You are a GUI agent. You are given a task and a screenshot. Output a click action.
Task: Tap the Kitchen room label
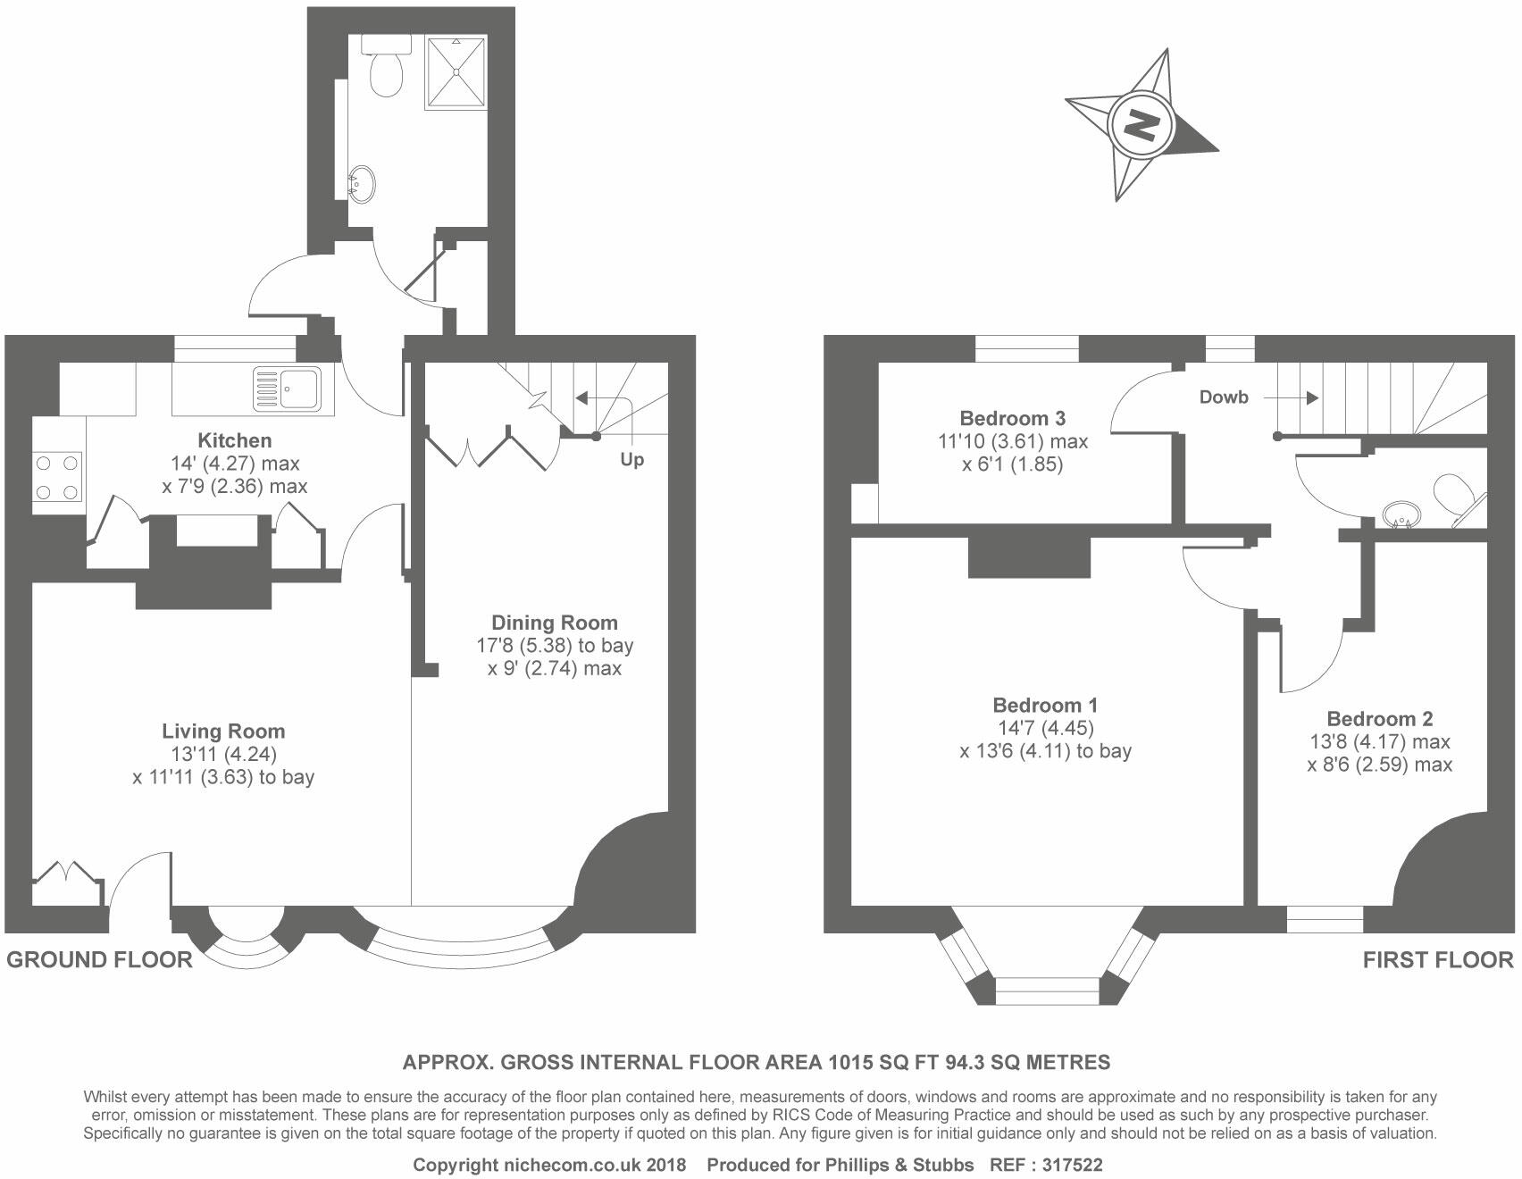234,440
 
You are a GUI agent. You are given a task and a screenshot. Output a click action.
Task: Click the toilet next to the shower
388,68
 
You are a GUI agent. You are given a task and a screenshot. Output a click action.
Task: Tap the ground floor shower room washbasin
363,182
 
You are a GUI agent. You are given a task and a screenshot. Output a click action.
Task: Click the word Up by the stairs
631,460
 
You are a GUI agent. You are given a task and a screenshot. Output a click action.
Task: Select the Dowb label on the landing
1223,397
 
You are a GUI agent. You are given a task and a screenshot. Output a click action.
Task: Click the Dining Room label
554,623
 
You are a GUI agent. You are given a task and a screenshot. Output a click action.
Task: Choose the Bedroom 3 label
1012,418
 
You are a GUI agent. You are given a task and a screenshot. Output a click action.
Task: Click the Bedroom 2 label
1379,719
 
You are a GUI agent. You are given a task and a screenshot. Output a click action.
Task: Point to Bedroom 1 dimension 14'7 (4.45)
1045,728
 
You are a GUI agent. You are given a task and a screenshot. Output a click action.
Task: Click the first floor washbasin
1401,514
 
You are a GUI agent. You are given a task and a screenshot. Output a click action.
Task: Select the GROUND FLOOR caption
99,960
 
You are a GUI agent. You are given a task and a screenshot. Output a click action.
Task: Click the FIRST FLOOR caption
1437,960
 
